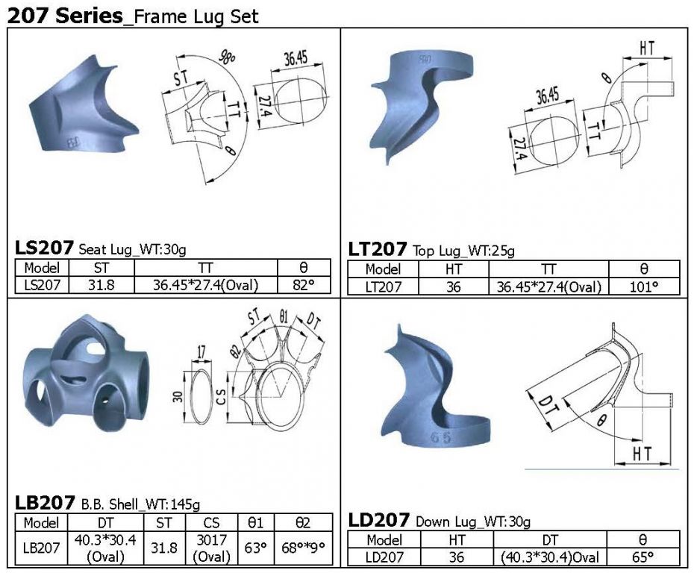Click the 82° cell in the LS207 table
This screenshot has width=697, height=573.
point(304,284)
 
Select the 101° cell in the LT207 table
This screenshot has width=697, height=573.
point(644,286)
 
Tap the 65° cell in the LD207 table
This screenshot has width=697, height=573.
point(643,557)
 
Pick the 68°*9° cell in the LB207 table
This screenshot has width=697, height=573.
point(303,548)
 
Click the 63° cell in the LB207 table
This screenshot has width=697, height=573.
point(256,548)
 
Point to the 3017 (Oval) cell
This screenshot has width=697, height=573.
point(212,548)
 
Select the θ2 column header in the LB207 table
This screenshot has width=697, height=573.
point(303,522)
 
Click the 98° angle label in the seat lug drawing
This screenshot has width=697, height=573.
point(227,57)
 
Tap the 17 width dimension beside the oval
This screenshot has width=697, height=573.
point(201,352)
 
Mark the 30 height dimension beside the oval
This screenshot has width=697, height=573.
point(178,396)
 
